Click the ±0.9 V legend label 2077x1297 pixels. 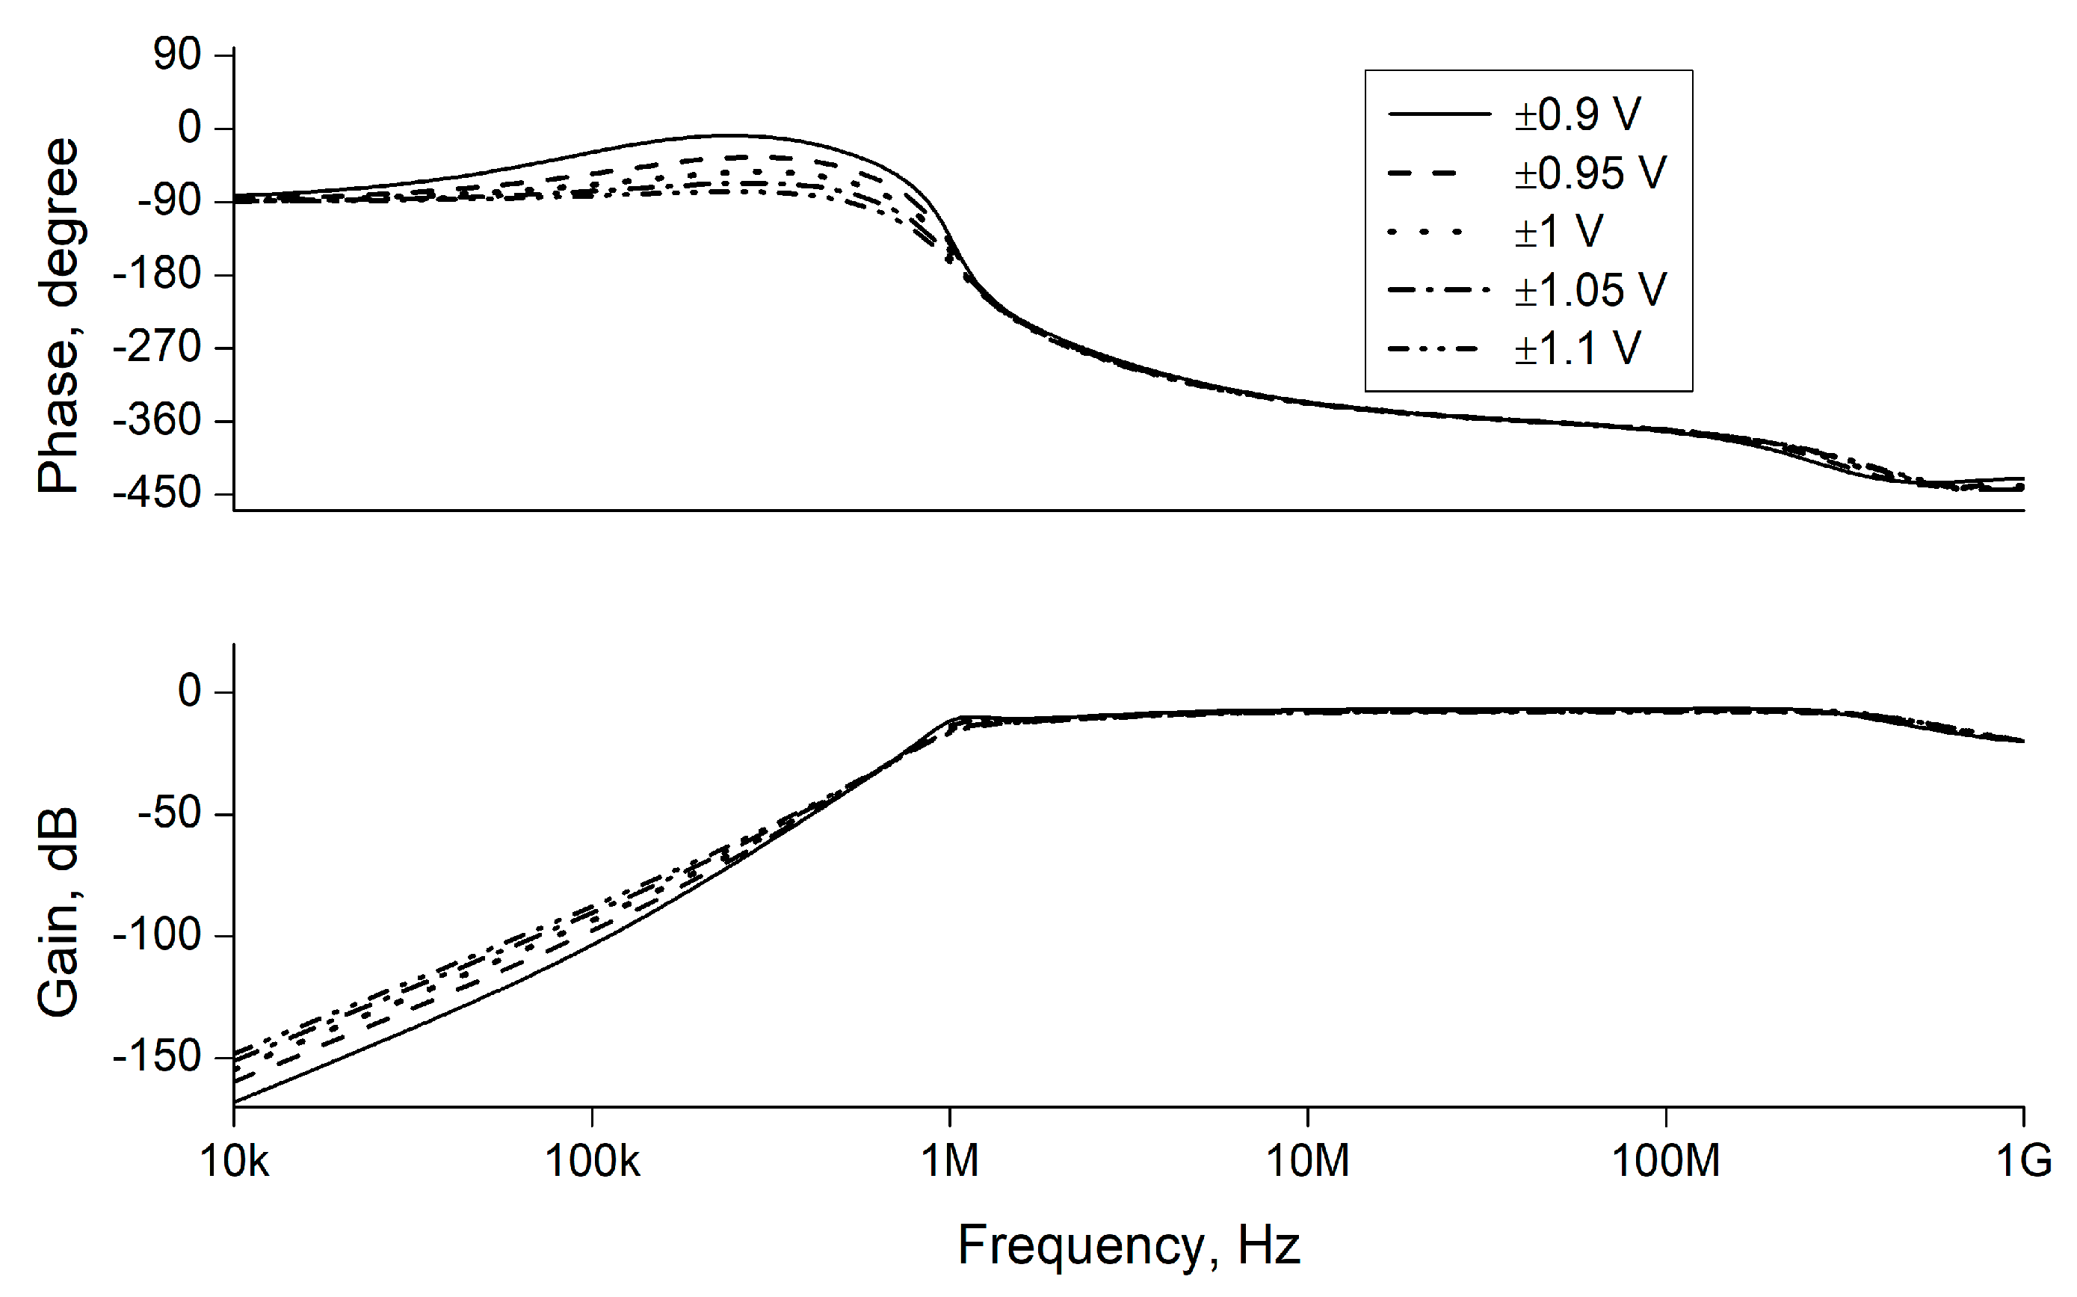click(1576, 115)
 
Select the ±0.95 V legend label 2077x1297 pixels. click(1589, 173)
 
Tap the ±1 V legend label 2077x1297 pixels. click(1558, 232)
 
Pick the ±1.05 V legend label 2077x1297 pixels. click(1589, 290)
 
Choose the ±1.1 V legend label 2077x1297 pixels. click(1576, 348)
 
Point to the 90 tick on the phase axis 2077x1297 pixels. click(176, 55)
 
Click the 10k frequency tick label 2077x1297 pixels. click(234, 1162)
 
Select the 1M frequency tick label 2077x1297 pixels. click(949, 1162)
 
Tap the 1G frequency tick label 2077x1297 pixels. click(2023, 1162)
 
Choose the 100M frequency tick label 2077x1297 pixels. click(1665, 1162)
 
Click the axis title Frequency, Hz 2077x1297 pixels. click(1129, 1245)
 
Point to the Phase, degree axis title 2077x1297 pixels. click(58, 315)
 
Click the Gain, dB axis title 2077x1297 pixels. click(58, 911)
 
